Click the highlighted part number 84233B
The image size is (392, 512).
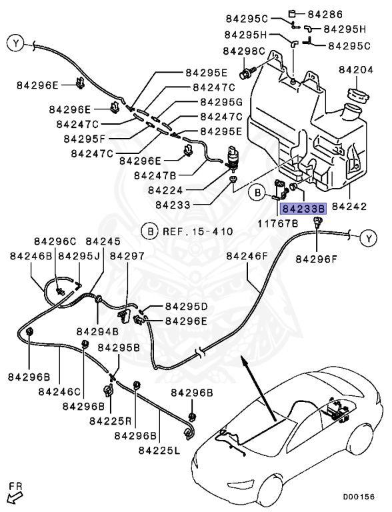click(302, 209)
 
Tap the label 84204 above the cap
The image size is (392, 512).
click(357, 69)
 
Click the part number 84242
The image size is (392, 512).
click(357, 208)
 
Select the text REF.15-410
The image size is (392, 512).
click(196, 232)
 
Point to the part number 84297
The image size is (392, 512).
click(127, 256)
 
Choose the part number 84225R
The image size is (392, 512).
click(110, 421)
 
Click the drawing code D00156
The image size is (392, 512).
click(359, 497)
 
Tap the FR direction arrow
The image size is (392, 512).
click(14, 495)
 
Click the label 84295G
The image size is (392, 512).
click(221, 103)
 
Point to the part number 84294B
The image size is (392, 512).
click(97, 331)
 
